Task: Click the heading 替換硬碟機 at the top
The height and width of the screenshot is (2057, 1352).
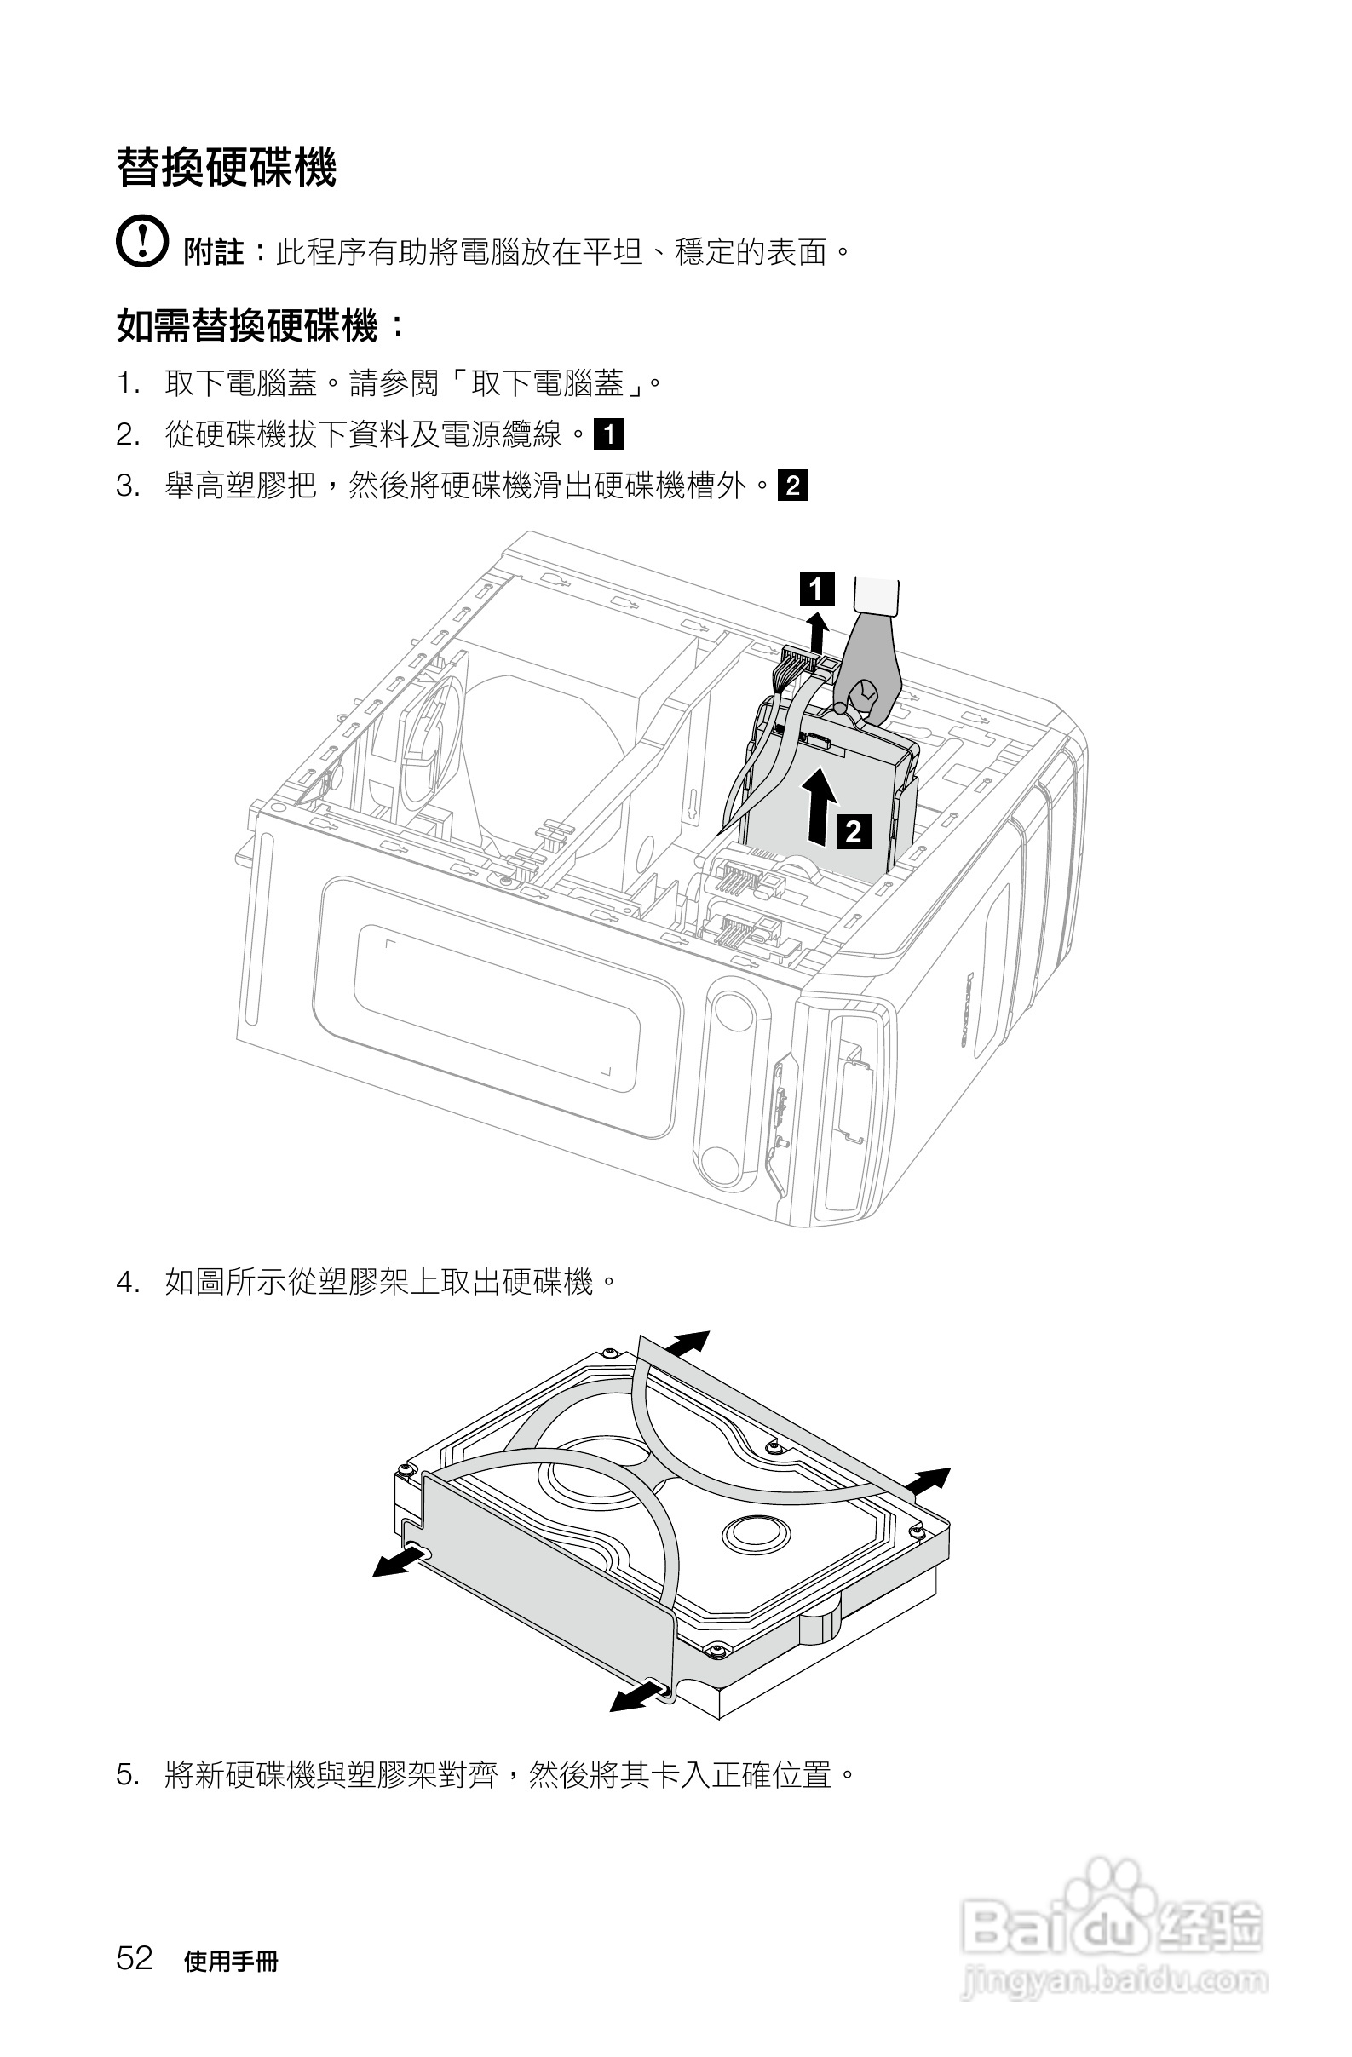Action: (227, 167)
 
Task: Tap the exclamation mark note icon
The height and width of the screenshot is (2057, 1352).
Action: (141, 240)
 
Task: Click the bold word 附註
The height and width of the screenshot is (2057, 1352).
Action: (214, 252)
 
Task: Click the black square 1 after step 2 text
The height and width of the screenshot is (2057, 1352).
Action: (608, 434)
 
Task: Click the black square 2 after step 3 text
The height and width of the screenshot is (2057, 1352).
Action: (792, 485)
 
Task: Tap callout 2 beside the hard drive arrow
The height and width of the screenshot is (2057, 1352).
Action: (854, 830)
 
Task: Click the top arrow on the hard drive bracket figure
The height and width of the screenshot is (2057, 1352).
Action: (688, 1345)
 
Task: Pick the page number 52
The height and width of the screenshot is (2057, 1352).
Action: (134, 1957)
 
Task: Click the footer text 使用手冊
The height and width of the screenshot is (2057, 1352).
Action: (231, 1962)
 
